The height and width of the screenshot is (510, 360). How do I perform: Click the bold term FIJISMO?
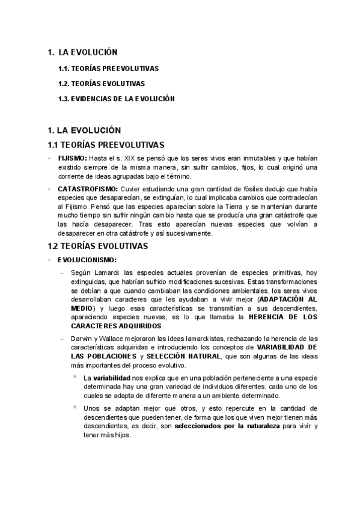click(x=72, y=158)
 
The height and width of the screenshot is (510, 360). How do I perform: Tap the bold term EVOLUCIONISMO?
click(x=87, y=260)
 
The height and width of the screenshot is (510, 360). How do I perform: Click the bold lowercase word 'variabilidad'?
click(x=105, y=376)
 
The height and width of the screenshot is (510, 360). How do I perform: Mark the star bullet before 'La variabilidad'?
click(x=74, y=376)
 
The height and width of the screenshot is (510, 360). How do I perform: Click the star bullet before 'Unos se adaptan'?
click(x=74, y=407)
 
